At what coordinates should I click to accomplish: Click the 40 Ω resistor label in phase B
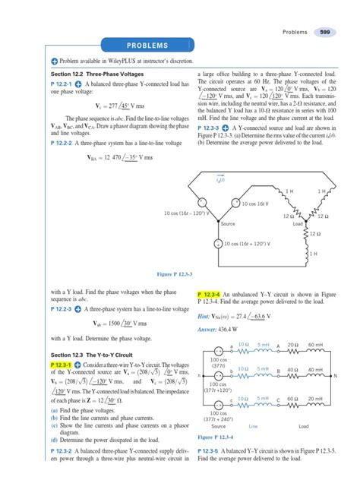(289, 369)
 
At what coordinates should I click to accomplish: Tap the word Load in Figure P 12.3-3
(298, 225)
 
